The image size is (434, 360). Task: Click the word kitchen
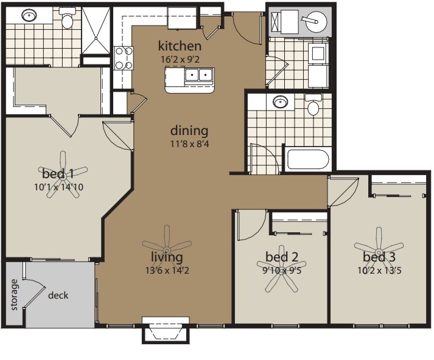pyautogui.click(x=180, y=46)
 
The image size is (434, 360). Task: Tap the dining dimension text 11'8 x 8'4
pyautogui.click(x=189, y=144)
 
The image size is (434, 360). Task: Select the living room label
pyautogui.click(x=167, y=257)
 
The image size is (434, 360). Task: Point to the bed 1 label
pyautogui.click(x=58, y=174)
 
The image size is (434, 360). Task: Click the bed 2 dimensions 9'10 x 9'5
pyautogui.click(x=282, y=270)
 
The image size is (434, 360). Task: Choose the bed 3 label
pyautogui.click(x=379, y=257)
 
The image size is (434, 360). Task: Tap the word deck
pyautogui.click(x=58, y=296)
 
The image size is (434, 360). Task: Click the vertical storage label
pyautogui.click(x=14, y=295)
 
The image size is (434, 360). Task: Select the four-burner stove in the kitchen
pyautogui.click(x=124, y=58)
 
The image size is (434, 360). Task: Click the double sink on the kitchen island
pyautogui.click(x=198, y=75)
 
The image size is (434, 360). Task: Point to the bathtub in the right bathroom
pyautogui.click(x=308, y=159)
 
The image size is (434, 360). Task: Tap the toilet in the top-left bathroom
pyautogui.click(x=66, y=18)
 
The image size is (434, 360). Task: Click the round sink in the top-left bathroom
pyautogui.click(x=29, y=15)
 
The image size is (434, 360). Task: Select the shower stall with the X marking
pyautogui.click(x=96, y=30)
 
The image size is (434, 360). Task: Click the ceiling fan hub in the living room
pyautogui.click(x=167, y=251)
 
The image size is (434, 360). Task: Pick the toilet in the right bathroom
pyautogui.click(x=313, y=105)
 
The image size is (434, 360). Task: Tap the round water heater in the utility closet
pyautogui.click(x=315, y=21)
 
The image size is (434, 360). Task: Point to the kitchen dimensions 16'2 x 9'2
pyautogui.click(x=180, y=60)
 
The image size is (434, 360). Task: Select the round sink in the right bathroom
pyautogui.click(x=280, y=102)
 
